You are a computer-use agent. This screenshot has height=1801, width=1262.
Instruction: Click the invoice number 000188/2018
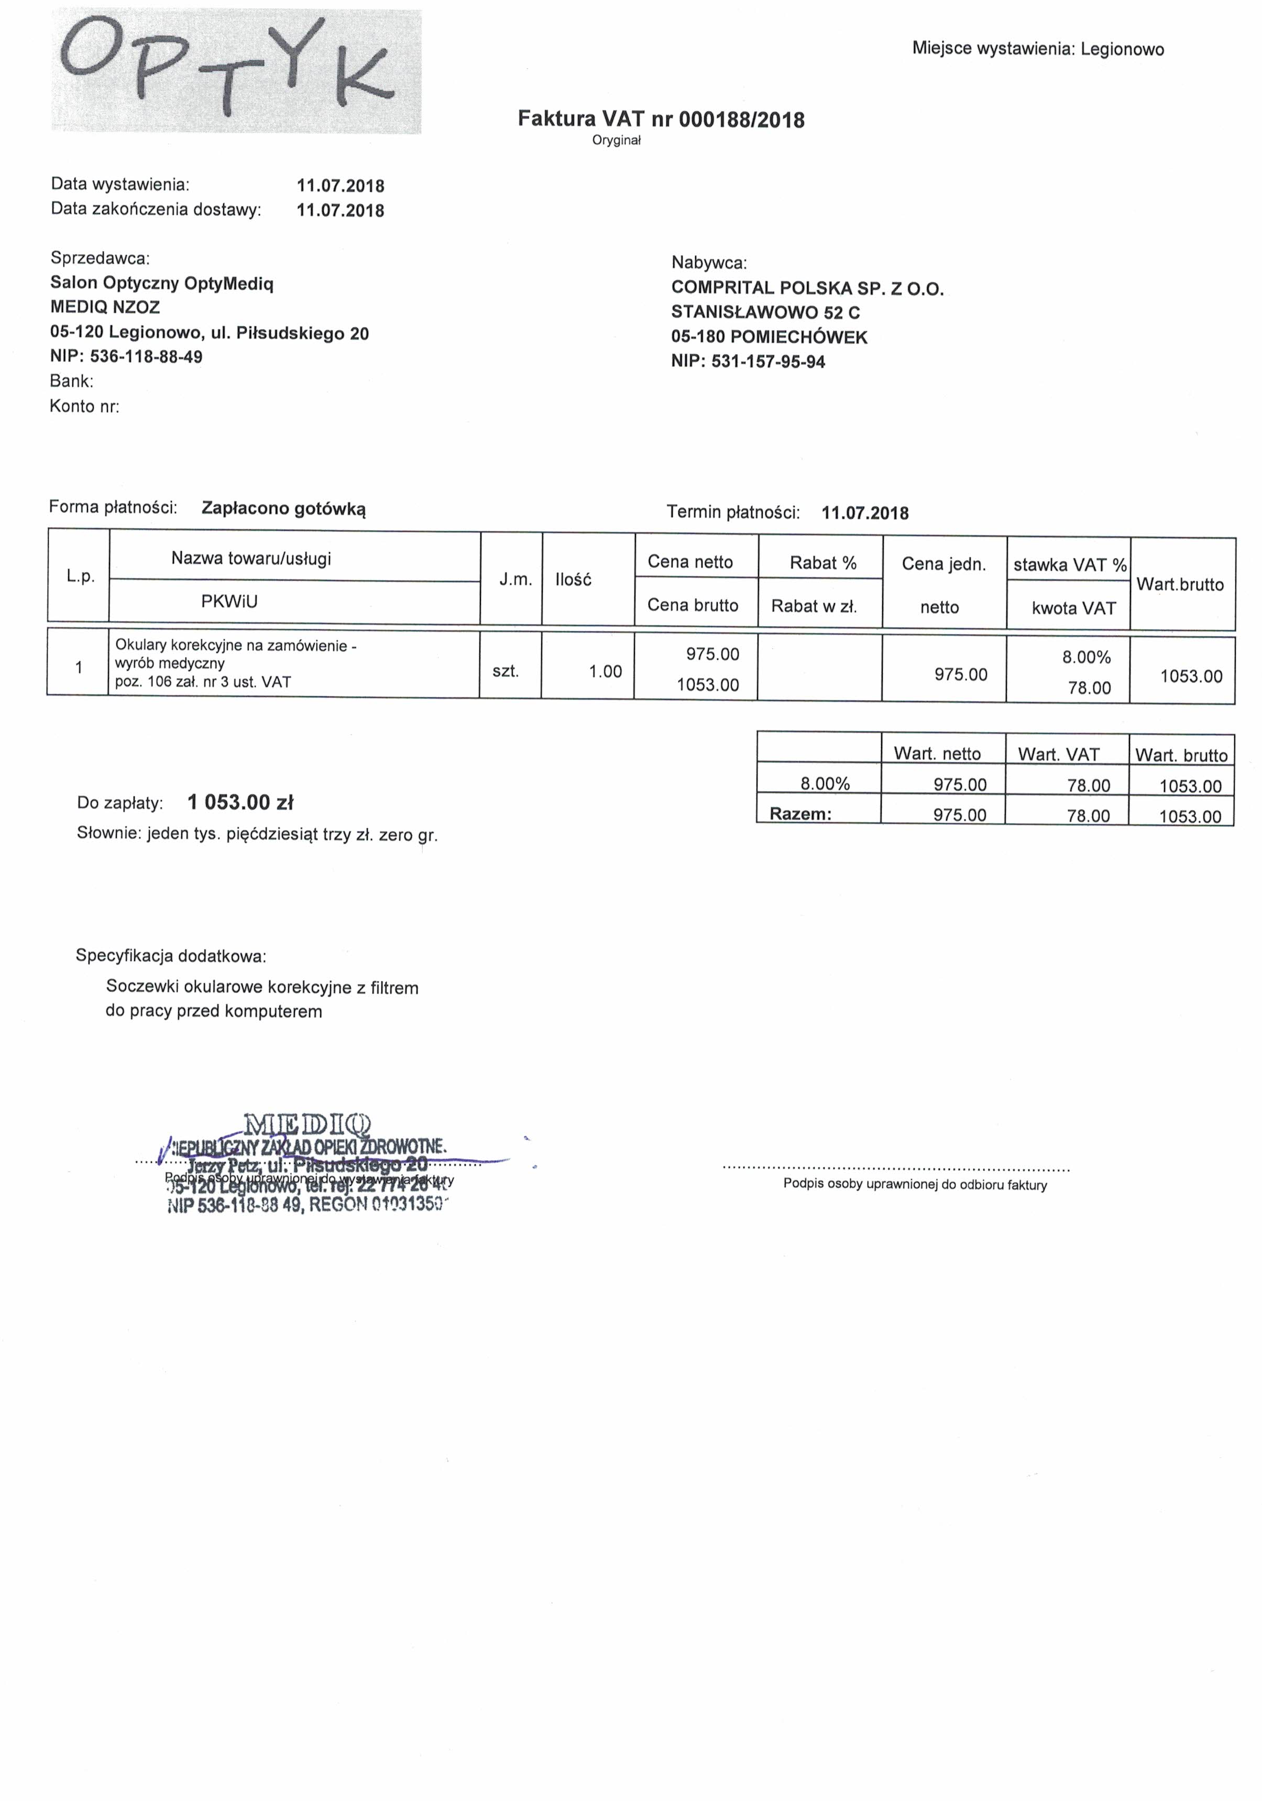[741, 120]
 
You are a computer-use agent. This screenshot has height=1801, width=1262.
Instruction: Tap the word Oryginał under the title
[617, 141]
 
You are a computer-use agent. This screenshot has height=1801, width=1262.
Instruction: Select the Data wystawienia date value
[341, 186]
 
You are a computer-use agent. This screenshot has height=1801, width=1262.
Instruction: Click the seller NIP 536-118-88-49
[146, 357]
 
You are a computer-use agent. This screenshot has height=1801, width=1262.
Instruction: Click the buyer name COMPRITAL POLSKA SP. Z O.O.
[807, 289]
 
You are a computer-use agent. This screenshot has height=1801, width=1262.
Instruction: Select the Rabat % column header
[823, 563]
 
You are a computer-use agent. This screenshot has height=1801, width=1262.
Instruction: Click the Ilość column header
[573, 580]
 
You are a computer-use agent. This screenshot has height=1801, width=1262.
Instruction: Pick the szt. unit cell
[506, 671]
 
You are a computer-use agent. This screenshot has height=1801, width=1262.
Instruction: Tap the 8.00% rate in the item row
[1087, 657]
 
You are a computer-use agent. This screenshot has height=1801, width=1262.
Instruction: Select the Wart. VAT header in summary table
[1058, 755]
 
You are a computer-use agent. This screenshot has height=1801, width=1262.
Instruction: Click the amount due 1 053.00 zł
[240, 802]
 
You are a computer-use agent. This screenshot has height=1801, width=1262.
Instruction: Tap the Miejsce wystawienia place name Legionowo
[1122, 49]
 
